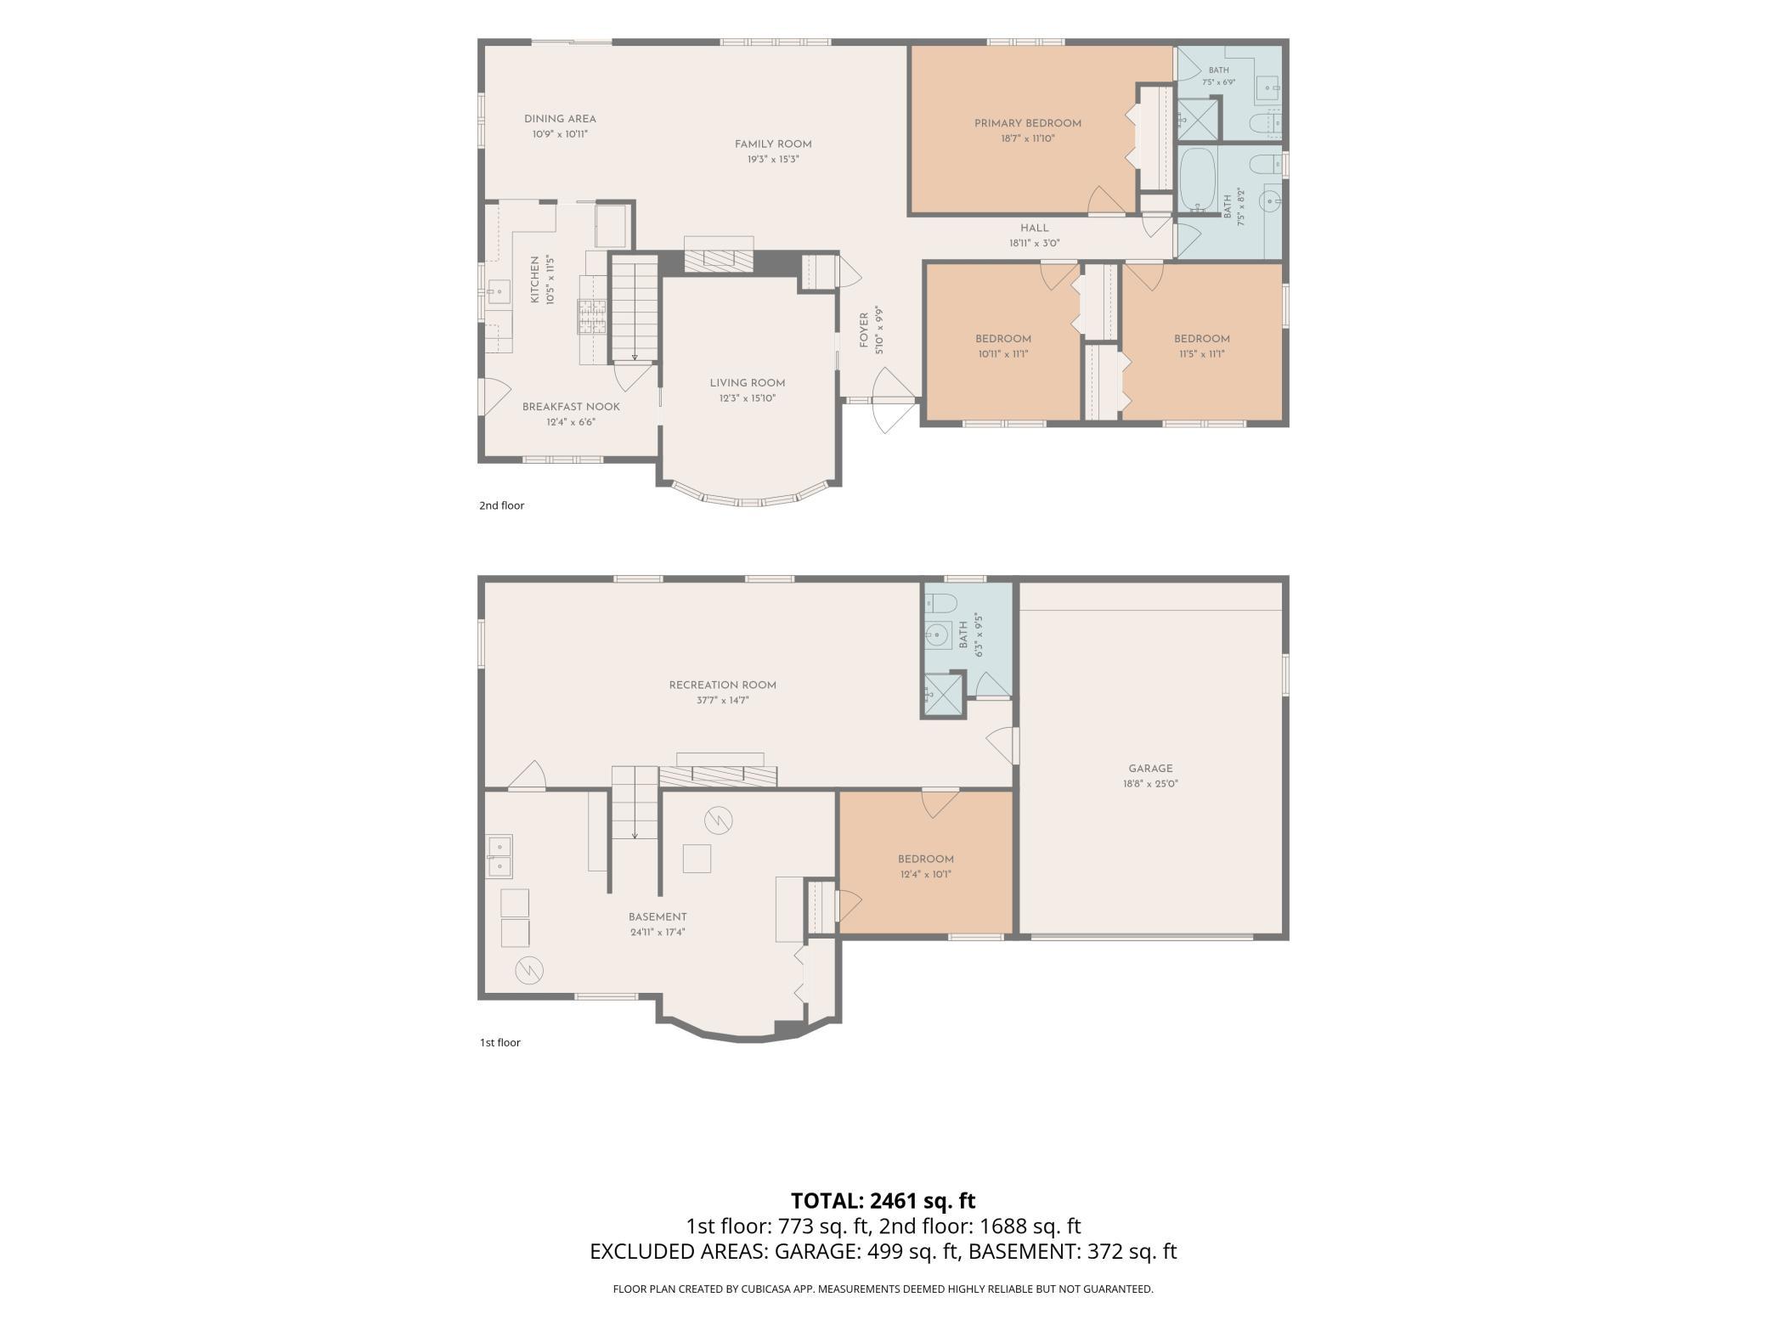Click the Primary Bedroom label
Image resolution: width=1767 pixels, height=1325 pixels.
pos(1027,124)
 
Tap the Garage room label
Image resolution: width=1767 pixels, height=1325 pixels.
pos(1150,769)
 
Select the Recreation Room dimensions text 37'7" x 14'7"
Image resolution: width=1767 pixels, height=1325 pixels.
pos(722,701)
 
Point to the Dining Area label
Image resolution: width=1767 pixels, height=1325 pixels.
pos(560,119)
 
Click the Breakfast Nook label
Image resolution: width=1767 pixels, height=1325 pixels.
pos(571,407)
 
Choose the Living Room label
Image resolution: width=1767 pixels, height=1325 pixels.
pos(748,383)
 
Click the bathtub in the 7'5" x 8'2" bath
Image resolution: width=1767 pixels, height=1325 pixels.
pos(1198,180)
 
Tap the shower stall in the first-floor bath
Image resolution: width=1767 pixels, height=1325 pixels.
pos(945,695)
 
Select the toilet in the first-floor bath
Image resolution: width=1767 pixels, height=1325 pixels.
pos(941,603)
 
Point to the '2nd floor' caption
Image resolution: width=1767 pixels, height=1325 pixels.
pos(501,505)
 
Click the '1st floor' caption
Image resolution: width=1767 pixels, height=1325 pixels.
pos(500,1042)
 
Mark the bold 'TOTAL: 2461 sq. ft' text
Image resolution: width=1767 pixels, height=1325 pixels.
pos(883,1201)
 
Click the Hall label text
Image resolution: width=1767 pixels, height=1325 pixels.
pos(1035,228)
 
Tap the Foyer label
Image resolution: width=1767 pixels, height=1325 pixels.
pos(864,330)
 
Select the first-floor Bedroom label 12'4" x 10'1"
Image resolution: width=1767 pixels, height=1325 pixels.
pos(925,859)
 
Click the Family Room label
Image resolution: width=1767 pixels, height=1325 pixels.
pos(773,144)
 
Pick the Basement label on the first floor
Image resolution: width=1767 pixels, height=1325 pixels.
pos(658,916)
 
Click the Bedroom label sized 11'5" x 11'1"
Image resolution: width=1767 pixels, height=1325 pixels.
pos(1202,339)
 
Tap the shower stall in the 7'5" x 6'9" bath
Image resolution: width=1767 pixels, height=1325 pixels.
pos(1198,119)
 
